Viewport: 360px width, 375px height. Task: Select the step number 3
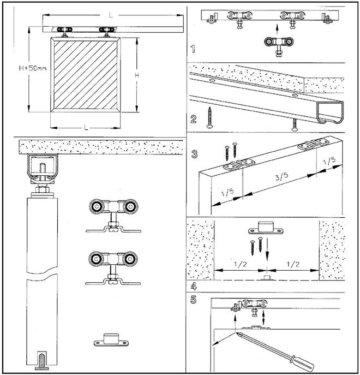pos(194,154)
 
